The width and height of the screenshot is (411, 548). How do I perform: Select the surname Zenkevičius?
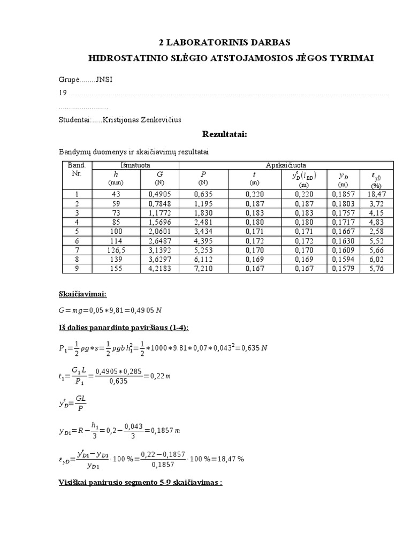[x=158, y=120]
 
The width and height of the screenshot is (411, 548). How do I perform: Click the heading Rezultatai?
[x=224, y=134]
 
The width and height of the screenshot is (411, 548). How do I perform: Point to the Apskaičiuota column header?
[x=285, y=165]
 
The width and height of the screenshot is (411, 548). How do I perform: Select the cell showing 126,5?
[x=116, y=250]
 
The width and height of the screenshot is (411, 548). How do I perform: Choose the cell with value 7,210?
[x=203, y=268]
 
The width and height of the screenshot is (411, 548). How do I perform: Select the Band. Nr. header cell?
[x=77, y=170]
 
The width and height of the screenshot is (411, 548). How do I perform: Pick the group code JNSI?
[x=104, y=80]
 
